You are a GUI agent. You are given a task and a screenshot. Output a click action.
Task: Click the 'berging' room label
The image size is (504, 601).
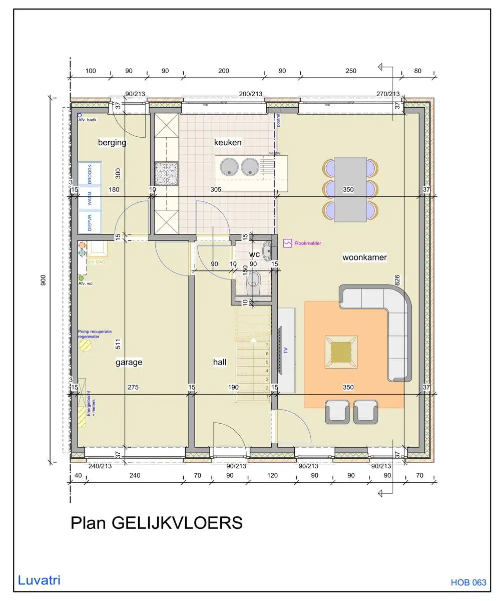click(x=112, y=143)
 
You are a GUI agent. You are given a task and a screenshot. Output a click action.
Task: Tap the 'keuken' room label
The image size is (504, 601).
click(x=228, y=142)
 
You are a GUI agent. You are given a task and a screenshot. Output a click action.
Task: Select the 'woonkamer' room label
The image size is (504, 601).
click(x=364, y=257)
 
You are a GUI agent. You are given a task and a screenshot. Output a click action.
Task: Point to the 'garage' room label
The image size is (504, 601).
click(x=129, y=362)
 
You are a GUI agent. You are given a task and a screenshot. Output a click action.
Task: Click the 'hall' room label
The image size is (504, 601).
click(x=220, y=362)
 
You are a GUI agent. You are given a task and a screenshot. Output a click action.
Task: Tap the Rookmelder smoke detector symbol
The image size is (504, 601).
click(x=287, y=243)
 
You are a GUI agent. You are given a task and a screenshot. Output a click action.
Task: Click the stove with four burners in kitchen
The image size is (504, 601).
click(x=166, y=173)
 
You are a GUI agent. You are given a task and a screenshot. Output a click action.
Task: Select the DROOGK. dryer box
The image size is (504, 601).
click(x=90, y=173)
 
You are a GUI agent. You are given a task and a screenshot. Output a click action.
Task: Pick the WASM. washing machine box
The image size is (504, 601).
click(x=90, y=198)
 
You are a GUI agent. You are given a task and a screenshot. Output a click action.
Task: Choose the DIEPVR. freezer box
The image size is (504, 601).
click(x=90, y=221)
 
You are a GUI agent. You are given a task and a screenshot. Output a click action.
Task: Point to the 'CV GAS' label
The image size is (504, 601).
click(x=97, y=262)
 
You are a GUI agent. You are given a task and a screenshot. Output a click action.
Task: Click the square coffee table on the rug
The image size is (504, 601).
click(x=341, y=350)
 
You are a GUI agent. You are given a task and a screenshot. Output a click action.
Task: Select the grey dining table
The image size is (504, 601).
click(x=350, y=189)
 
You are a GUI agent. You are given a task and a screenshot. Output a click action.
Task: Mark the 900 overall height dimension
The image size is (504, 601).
click(x=44, y=281)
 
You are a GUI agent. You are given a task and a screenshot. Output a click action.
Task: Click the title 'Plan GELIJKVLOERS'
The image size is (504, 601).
click(x=156, y=523)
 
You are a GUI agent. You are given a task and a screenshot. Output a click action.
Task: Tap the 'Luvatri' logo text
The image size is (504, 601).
click(x=39, y=580)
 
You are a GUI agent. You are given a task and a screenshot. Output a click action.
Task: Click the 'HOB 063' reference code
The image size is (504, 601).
click(x=468, y=582)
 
